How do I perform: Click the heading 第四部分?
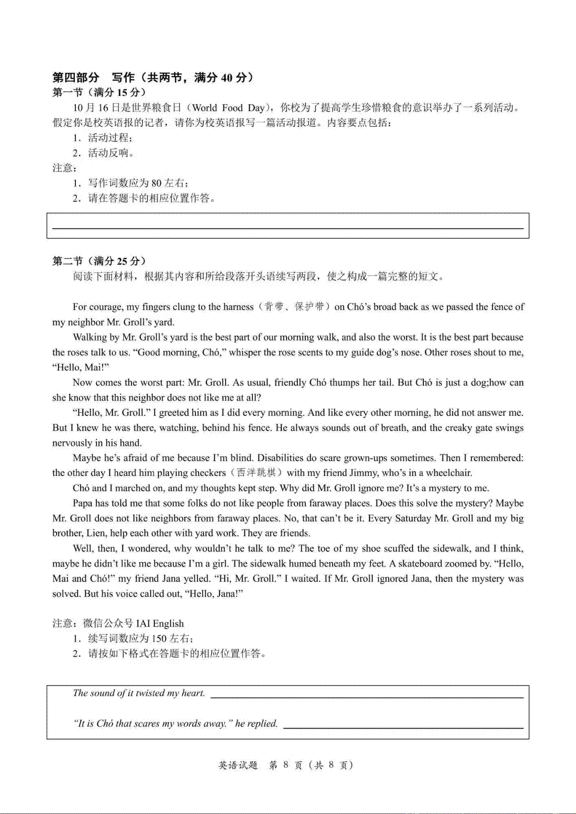76,77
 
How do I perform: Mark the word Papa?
84,503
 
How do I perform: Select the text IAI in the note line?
143,624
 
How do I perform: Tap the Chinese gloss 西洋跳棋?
256,473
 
